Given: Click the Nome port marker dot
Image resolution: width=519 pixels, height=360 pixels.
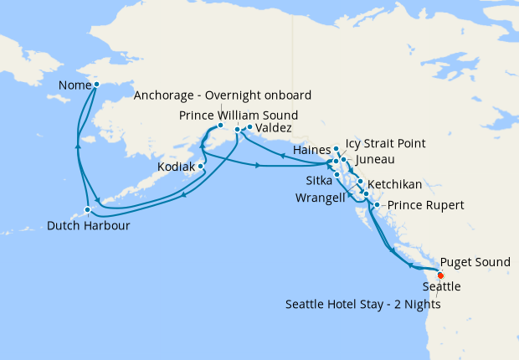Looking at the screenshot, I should click(96, 85).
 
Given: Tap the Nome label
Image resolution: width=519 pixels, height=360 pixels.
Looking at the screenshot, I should click(75, 85).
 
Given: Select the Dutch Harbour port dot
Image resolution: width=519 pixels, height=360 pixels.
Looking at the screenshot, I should click(87, 209).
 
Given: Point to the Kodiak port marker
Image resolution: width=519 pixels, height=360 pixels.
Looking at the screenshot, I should click(201, 166).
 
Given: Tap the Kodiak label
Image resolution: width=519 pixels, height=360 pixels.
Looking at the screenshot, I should click(177, 167).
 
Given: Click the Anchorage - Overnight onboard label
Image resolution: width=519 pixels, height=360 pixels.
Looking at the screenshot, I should click(223, 95).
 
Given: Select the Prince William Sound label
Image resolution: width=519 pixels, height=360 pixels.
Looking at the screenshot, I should click(239, 115).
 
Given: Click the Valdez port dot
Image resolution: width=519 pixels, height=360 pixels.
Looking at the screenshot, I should click(249, 127).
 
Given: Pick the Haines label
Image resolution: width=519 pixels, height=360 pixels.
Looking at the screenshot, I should click(312, 149).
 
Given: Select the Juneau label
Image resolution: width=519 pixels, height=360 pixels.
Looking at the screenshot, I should click(374, 159).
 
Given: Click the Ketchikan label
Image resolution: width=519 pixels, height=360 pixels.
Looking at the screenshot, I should click(393, 184).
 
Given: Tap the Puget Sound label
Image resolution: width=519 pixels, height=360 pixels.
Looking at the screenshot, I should click(475, 262).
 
